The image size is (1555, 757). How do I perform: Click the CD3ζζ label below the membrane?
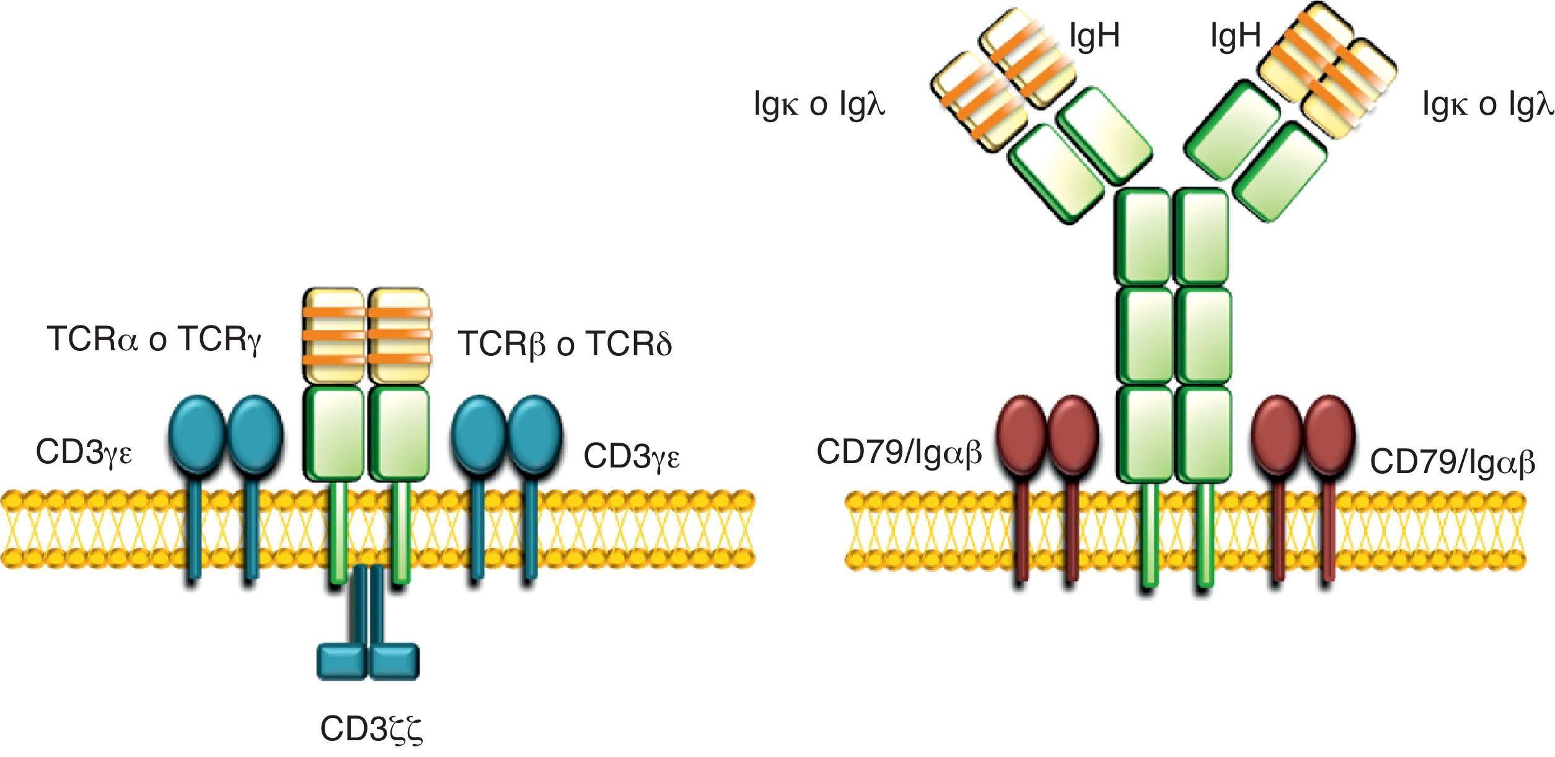[x=371, y=730]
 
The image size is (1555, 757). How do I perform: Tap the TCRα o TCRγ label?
[x=154, y=340]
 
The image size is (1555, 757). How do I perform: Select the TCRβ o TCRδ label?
[x=565, y=344]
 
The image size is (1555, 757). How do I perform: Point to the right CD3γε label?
[x=632, y=458]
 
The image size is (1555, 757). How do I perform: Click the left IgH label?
[x=1095, y=37]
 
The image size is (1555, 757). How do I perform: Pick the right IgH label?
[x=1236, y=37]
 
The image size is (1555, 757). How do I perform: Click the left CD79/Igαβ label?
[x=899, y=453]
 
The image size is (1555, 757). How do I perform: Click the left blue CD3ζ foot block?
[x=343, y=662]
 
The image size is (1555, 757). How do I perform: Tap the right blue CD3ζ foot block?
[x=395, y=662]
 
